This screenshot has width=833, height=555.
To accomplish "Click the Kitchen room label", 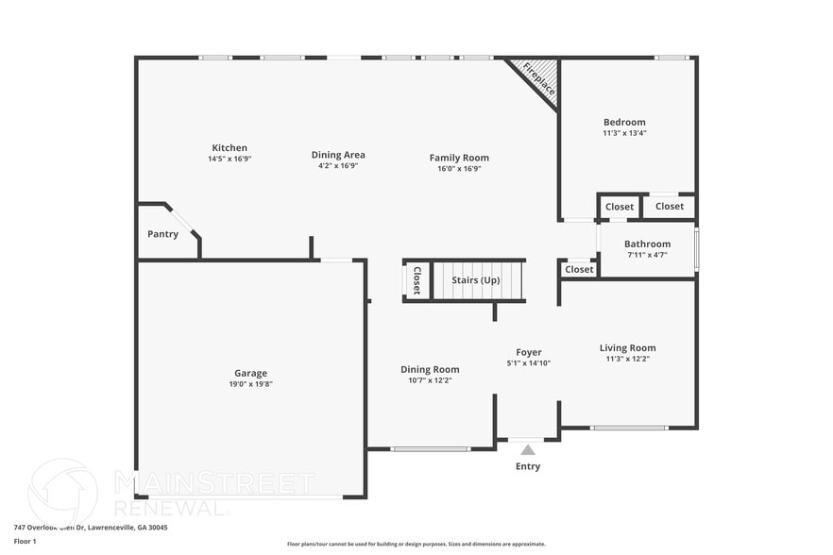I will (229, 148).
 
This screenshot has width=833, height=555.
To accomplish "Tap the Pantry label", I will (162, 234).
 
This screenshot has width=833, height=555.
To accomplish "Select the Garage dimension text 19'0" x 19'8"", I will (251, 384).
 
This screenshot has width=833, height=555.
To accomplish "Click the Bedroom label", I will (624, 122).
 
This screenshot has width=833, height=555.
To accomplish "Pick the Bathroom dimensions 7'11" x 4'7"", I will (647, 255).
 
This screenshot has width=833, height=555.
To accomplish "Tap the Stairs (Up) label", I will (476, 280).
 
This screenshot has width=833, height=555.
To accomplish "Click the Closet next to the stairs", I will (416, 280).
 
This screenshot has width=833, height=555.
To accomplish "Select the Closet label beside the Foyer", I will (579, 270).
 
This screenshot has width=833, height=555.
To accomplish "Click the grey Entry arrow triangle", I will (528, 449).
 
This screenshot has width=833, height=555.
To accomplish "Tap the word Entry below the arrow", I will (528, 466).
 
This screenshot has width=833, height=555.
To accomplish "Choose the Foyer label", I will (528, 352).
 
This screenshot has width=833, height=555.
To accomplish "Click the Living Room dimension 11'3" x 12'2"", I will (627, 359).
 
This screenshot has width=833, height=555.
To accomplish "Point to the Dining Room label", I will (430, 369).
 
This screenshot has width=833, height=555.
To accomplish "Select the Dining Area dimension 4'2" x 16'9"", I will (338, 165).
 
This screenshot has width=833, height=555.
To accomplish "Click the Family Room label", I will (459, 158).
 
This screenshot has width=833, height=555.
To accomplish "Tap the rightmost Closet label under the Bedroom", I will (669, 207).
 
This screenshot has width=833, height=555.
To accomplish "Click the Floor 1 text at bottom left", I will (25, 541).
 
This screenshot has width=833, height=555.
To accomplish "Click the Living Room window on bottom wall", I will (629, 429).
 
